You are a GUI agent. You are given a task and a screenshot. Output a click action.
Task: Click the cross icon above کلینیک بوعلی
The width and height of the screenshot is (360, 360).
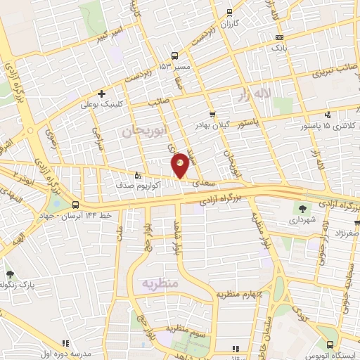(103, 94)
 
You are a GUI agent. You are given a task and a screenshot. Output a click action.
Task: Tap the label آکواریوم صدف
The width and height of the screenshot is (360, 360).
(157, 186)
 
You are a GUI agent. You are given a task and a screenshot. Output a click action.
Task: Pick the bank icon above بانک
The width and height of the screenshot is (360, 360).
(280, 37)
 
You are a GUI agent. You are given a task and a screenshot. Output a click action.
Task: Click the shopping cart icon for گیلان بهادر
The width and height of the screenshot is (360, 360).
(212, 114)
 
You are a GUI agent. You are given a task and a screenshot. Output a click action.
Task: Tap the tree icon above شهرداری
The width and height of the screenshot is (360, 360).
(302, 209)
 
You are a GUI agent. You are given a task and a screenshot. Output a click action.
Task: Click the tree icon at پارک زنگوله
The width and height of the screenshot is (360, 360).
(10, 274)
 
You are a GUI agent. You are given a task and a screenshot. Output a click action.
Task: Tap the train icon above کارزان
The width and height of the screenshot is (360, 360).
(227, 13)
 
